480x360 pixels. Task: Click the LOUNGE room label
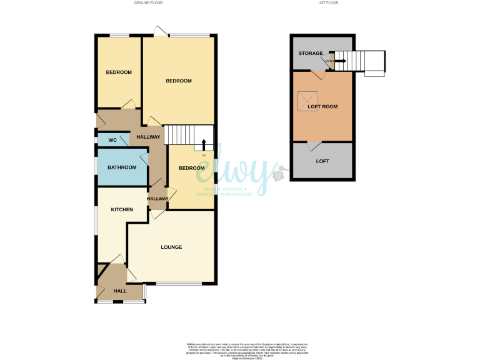[171, 247]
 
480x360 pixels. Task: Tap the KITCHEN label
[122, 210]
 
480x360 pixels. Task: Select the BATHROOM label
[122, 167]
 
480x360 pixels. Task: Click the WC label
[113, 140]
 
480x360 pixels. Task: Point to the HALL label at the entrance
[120, 291]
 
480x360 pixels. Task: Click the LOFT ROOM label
[322, 107]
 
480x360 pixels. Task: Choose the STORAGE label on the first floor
[311, 54]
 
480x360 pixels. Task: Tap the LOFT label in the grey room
[322, 161]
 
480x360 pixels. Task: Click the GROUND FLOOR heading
[149, 3]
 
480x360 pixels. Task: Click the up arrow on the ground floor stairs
[203, 145]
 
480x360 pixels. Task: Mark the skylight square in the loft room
[307, 99]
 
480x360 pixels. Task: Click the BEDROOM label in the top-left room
[119, 72]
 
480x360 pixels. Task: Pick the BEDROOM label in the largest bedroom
[179, 81]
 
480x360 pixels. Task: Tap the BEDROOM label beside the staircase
[191, 168]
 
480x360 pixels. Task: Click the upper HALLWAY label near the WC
[149, 137]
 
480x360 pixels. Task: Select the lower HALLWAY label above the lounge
[157, 199]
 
